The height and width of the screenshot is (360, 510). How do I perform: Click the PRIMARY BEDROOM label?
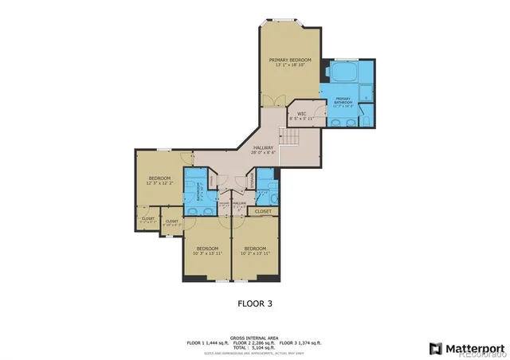(x=289, y=62)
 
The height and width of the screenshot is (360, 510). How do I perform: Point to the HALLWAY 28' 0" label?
(x=263, y=150)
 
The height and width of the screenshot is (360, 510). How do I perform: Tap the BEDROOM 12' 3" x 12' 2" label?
(x=159, y=181)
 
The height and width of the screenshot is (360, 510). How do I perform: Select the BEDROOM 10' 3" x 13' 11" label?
(x=207, y=250)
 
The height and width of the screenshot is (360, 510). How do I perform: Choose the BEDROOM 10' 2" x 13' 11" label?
(x=255, y=250)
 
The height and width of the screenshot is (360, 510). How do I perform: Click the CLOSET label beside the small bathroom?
(x=263, y=212)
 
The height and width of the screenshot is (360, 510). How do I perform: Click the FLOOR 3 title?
(x=255, y=303)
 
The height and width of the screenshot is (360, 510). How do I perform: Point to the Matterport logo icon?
(x=434, y=347)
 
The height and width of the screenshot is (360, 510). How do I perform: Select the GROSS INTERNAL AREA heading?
(x=255, y=337)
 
